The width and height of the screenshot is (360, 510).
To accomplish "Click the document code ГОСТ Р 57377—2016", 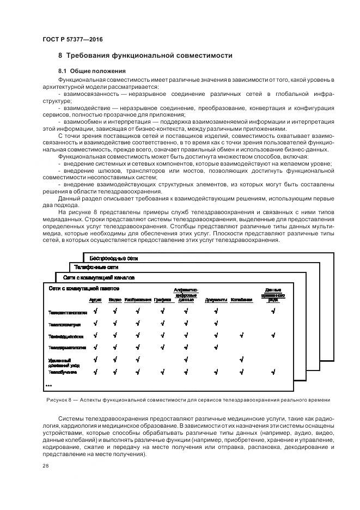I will tap(72, 40).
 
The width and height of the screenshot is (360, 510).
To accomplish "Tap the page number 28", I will tap(46, 466).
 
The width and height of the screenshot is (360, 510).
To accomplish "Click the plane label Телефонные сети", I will tap(96, 268).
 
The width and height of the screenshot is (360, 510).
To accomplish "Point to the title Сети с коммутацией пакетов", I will tap(84, 288).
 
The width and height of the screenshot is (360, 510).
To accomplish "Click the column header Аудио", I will tap(95, 300).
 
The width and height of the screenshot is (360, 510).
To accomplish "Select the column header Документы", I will tap(216, 300).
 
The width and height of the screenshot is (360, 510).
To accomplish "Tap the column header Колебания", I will tap(241, 300).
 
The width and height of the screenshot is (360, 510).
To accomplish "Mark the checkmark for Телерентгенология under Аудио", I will tap(96, 311).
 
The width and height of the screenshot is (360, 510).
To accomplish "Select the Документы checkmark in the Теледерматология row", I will tap(216, 347).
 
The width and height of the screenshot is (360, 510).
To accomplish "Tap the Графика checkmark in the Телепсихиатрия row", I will tap(162, 324).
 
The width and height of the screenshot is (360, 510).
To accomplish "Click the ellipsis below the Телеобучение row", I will tap(48, 385).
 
